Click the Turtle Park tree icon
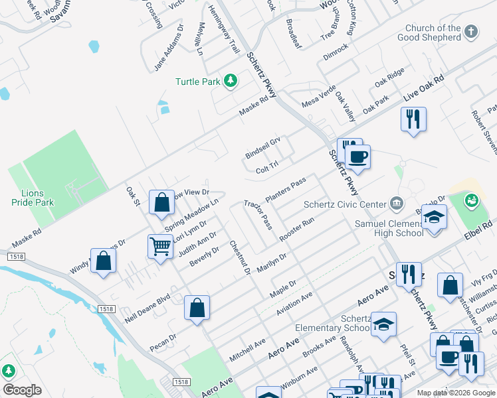(231, 81)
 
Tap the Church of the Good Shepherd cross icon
(471, 32)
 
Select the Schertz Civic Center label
(344, 204)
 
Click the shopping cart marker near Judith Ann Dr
(161, 247)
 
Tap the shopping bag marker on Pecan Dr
(197, 308)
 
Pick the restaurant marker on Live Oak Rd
(413, 119)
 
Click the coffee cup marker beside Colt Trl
(357, 158)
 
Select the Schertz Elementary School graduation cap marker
(383, 324)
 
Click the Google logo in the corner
(22, 390)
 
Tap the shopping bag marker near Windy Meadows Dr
(104, 261)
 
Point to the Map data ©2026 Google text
(455, 393)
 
